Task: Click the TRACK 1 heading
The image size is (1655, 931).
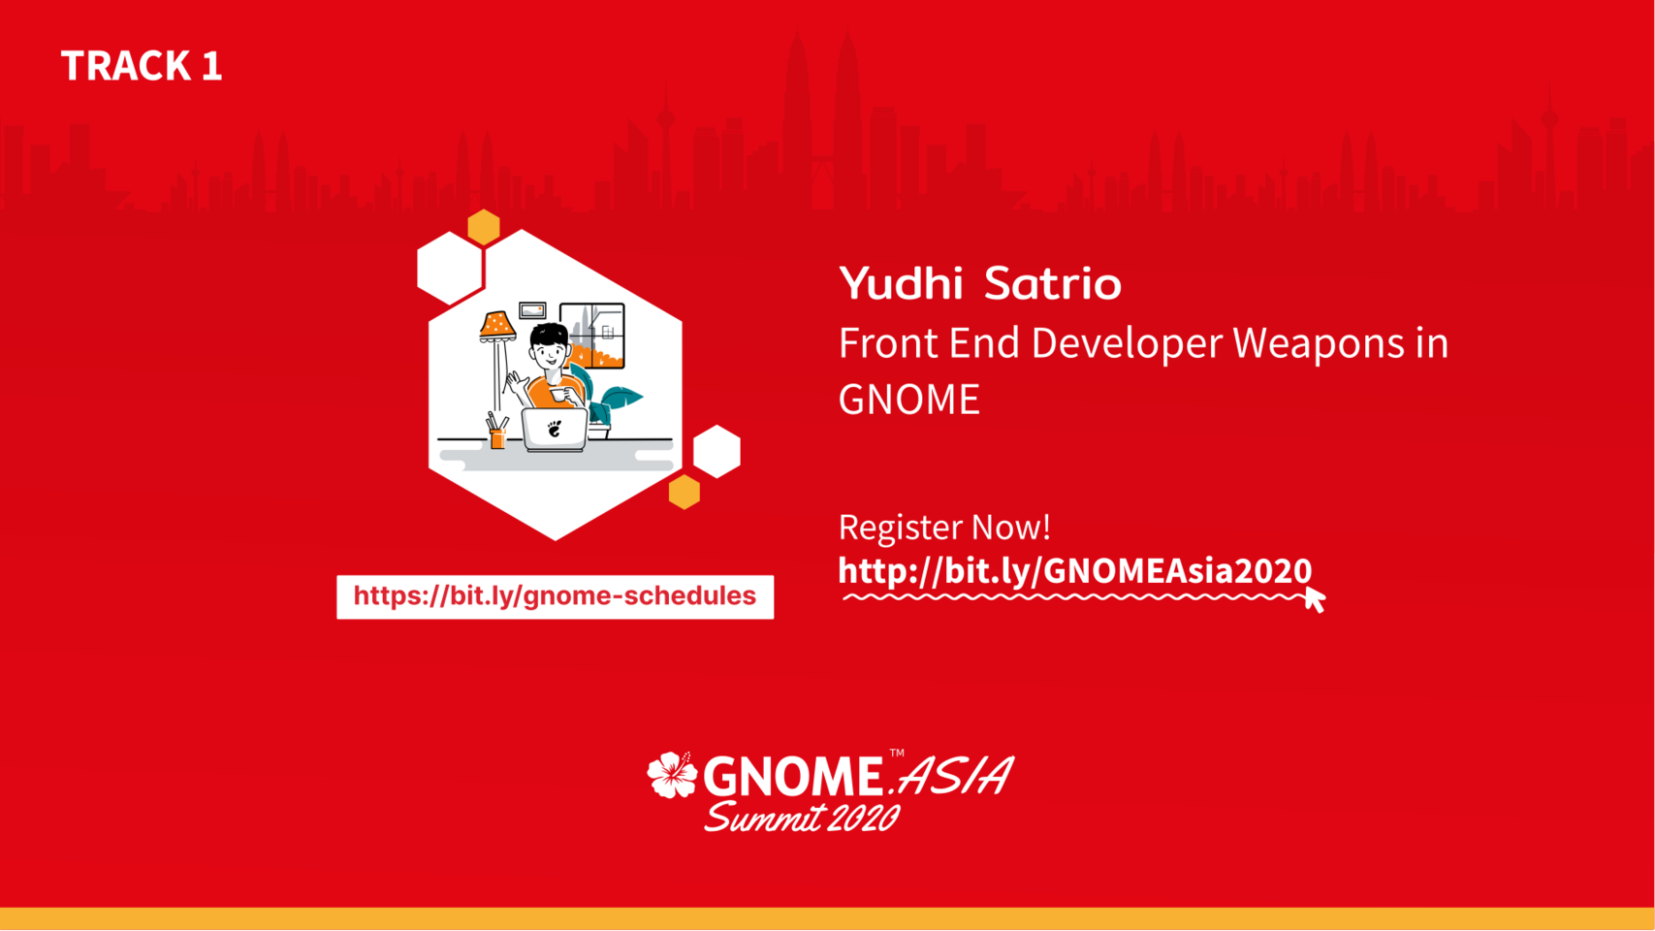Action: coord(142,65)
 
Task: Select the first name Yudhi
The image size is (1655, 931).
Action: coord(901,284)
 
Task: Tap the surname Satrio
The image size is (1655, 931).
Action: coord(1053,284)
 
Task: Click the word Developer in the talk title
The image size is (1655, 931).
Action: coord(1127,343)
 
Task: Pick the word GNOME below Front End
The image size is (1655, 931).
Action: coord(908,400)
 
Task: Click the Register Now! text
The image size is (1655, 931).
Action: coord(944,528)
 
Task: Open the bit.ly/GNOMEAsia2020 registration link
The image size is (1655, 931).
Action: coord(1075,571)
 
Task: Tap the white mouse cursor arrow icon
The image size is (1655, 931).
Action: coord(1315,599)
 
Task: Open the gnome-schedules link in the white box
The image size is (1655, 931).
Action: coord(555,595)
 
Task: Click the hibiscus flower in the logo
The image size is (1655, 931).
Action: coord(672,774)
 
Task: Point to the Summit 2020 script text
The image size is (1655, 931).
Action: coord(802,818)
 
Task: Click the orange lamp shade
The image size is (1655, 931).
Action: coord(497,326)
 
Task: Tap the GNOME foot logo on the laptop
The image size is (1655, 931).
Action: coord(555,428)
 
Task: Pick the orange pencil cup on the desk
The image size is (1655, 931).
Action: coord(498,438)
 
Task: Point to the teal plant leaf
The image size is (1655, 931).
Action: coord(622,399)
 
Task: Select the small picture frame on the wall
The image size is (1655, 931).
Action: coord(532,310)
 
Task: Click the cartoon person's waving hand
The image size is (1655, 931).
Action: coord(514,382)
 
